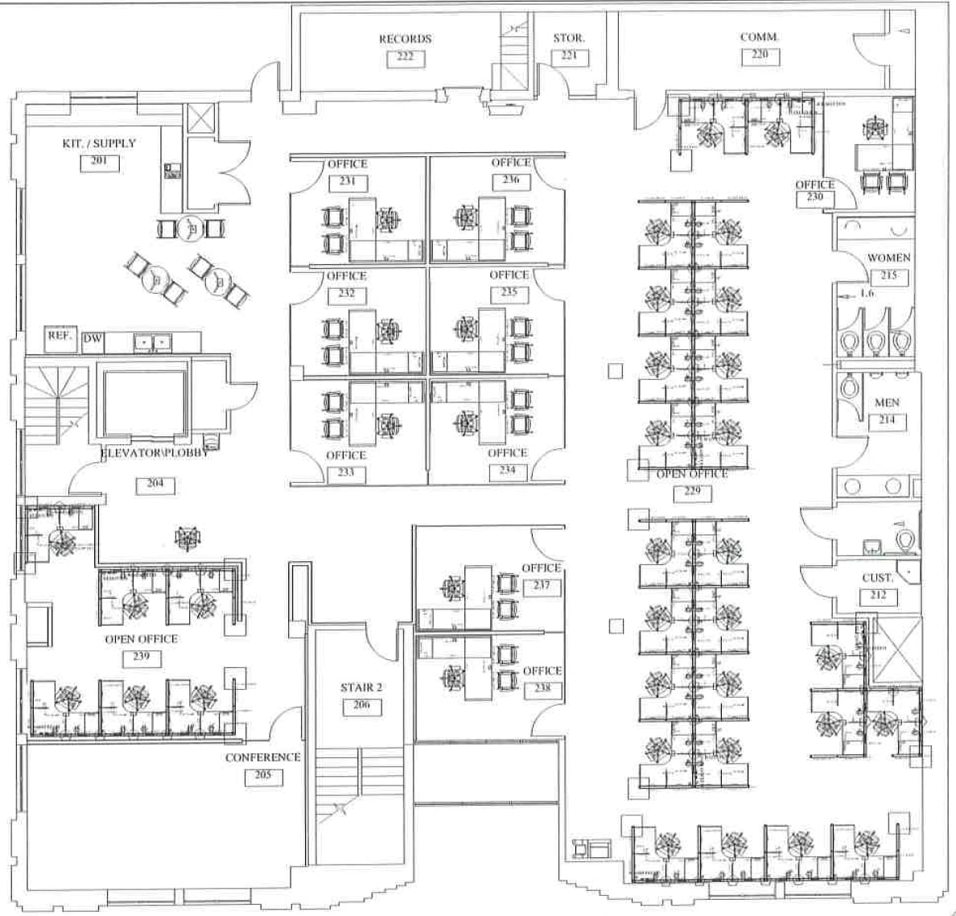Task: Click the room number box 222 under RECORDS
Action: click(405, 57)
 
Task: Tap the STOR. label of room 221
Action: click(568, 38)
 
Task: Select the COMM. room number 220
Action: click(759, 56)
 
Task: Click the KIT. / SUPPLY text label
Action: click(99, 143)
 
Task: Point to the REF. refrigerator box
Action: click(60, 336)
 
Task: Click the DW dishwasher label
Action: click(93, 340)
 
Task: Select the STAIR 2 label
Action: click(361, 687)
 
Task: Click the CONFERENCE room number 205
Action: click(263, 777)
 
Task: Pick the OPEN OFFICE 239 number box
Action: click(142, 657)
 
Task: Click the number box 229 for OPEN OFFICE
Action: click(692, 492)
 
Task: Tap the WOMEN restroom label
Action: click(888, 258)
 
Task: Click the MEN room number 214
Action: click(887, 420)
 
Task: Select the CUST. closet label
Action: click(877, 578)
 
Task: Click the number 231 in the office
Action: click(347, 182)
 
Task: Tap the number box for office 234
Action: click(507, 471)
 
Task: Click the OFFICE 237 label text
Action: click(541, 568)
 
